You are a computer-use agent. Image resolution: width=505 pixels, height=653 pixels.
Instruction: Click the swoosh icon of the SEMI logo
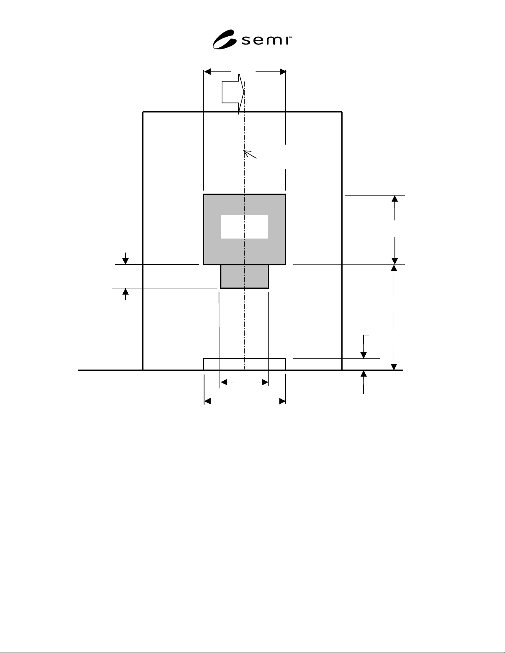click(224, 40)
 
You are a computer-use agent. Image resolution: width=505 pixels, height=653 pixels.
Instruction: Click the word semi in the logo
click(265, 40)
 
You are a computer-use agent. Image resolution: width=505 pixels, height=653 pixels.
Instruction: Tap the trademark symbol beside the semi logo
click(290, 37)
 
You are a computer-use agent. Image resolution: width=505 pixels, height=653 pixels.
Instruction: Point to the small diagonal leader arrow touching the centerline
click(250, 154)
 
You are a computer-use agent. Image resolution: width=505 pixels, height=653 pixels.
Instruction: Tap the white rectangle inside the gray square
click(244, 227)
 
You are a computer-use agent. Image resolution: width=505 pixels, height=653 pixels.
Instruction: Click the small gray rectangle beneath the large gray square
click(244, 276)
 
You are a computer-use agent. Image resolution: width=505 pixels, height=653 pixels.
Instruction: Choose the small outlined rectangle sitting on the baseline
click(244, 364)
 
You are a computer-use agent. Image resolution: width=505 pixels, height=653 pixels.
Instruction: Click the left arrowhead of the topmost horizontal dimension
click(207, 72)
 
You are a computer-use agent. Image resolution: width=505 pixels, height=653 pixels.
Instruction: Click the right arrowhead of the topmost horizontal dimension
click(282, 72)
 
